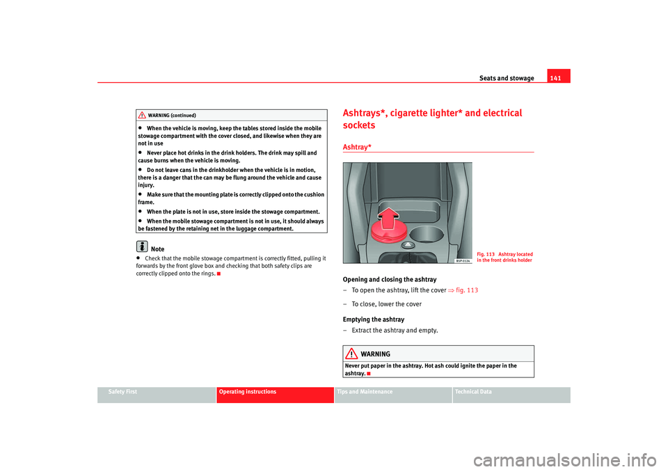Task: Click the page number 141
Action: (x=558, y=78)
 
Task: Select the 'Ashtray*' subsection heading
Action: (x=357, y=145)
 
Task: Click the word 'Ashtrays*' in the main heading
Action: (x=369, y=113)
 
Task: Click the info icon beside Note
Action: (x=142, y=247)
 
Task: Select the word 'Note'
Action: (x=158, y=249)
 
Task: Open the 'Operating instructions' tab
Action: (x=247, y=392)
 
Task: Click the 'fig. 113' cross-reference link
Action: (x=466, y=290)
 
